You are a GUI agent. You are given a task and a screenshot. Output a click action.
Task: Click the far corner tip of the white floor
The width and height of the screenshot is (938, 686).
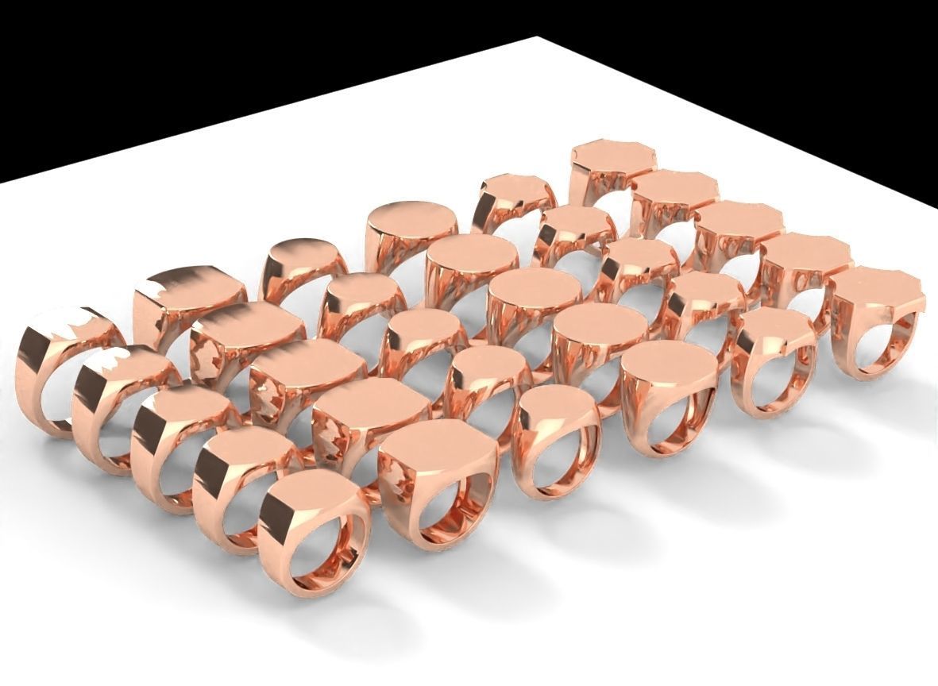click(537, 38)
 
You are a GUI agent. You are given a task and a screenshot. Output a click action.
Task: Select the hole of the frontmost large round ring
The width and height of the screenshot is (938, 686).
click(671, 417)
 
